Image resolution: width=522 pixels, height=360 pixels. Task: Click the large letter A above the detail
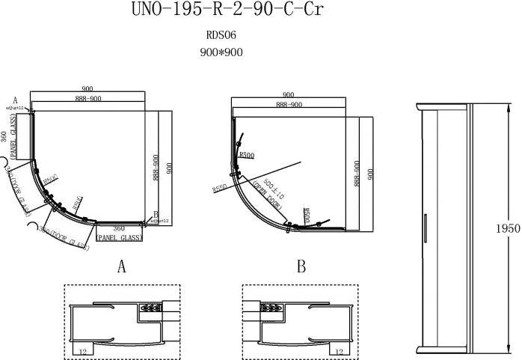tap(121, 266)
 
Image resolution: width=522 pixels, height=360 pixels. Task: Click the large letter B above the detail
tap(301, 266)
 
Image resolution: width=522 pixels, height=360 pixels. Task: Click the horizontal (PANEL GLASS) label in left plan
tap(120, 237)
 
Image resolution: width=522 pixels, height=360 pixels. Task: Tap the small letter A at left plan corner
tap(14, 99)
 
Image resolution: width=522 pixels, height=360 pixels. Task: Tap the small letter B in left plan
tap(156, 214)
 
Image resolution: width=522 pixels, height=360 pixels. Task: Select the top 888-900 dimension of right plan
tap(289, 106)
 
